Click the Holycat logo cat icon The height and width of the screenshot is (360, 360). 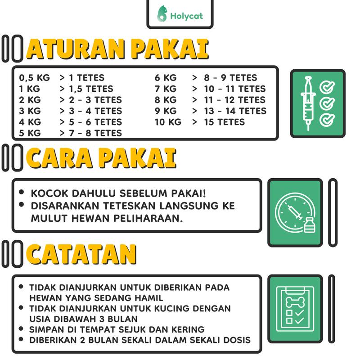pyautogui.click(x=162, y=14)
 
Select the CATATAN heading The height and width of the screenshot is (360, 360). pyautogui.click(x=81, y=254)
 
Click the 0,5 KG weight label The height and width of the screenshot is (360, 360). pyautogui.click(x=35, y=78)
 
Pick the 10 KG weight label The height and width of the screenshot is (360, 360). pyautogui.click(x=168, y=122)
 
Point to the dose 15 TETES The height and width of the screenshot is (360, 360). pyautogui.click(x=224, y=122)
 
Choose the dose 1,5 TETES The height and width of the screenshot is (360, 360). pyautogui.click(x=91, y=89)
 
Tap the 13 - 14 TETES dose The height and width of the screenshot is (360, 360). pyautogui.click(x=235, y=111)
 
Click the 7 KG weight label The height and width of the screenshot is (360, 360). pyautogui.click(x=166, y=89)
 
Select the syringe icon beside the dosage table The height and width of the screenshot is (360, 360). pyautogui.click(x=308, y=103)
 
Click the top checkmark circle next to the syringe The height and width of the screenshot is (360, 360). pyautogui.click(x=327, y=87)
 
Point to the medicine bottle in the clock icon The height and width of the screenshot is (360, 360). pyautogui.click(x=309, y=225)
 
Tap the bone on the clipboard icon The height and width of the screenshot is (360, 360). pyautogui.click(x=295, y=301)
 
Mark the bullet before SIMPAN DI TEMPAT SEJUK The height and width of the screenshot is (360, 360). pyautogui.click(x=21, y=329)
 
